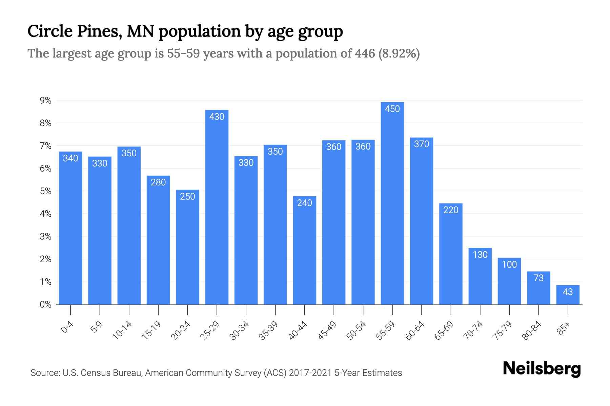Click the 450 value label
pyautogui.click(x=392, y=109)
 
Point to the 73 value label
pyautogui.click(x=538, y=278)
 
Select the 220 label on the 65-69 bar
pyautogui.click(x=451, y=210)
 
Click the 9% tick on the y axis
pyautogui.click(x=45, y=100)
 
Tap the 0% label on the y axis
pyautogui.click(x=45, y=304)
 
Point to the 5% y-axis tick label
pyautogui.click(x=45, y=191)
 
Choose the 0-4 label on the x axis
pyautogui.click(x=67, y=328)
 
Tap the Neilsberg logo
pyautogui.click(x=542, y=369)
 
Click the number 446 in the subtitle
pyautogui.click(x=365, y=53)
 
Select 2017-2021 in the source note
pyautogui.click(x=310, y=373)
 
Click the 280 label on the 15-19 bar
pyautogui.click(x=158, y=182)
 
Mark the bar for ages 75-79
pyautogui.click(x=509, y=283)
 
